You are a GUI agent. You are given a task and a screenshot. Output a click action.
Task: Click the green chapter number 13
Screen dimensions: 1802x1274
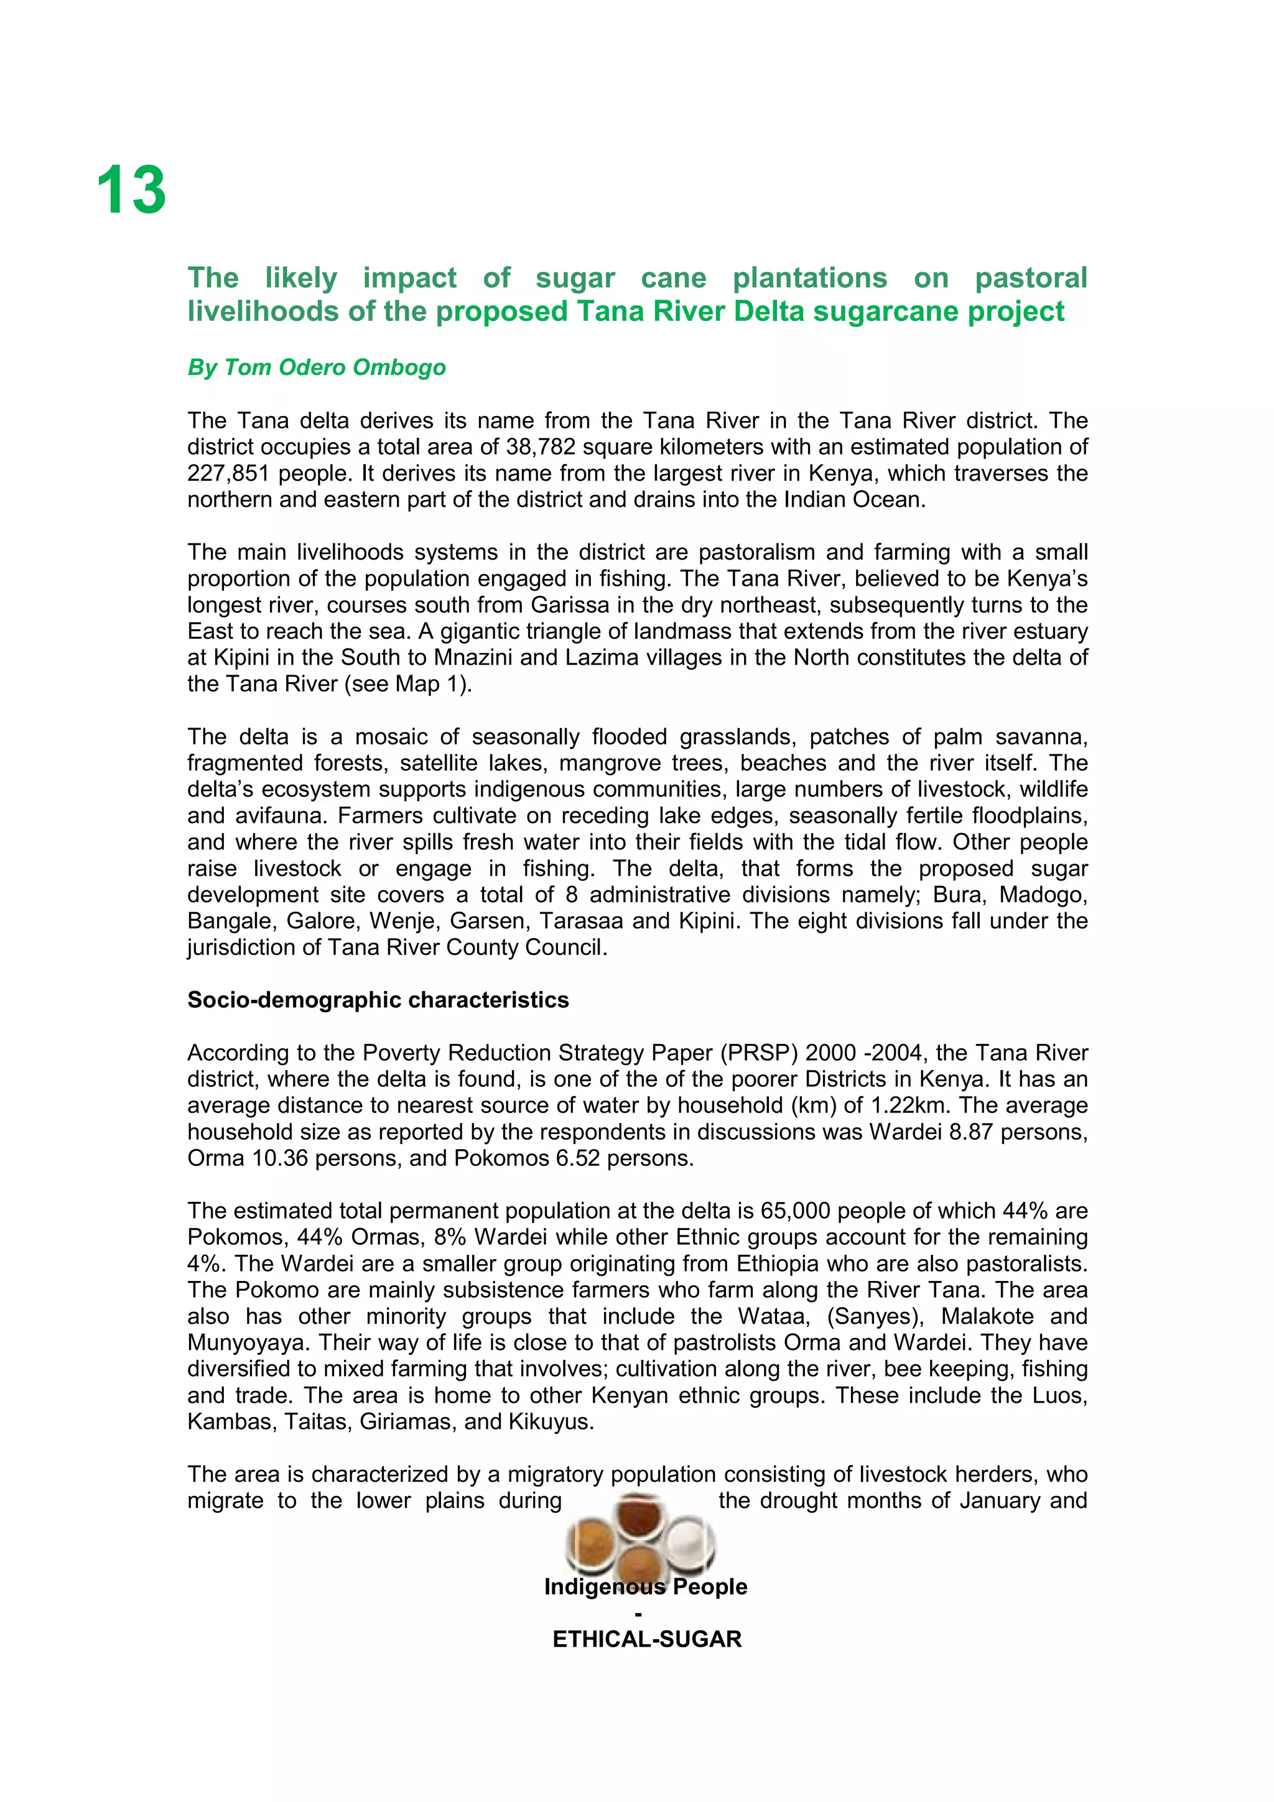(131, 191)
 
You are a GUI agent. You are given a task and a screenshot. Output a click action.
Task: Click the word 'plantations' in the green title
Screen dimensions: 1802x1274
(809, 278)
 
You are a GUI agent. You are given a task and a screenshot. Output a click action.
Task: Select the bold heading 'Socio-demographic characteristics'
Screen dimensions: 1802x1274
(378, 1000)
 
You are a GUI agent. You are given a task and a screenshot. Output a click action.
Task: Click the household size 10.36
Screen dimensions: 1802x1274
(279, 1158)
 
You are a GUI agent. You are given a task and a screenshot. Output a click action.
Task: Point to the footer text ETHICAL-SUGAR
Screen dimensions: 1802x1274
(647, 1638)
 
